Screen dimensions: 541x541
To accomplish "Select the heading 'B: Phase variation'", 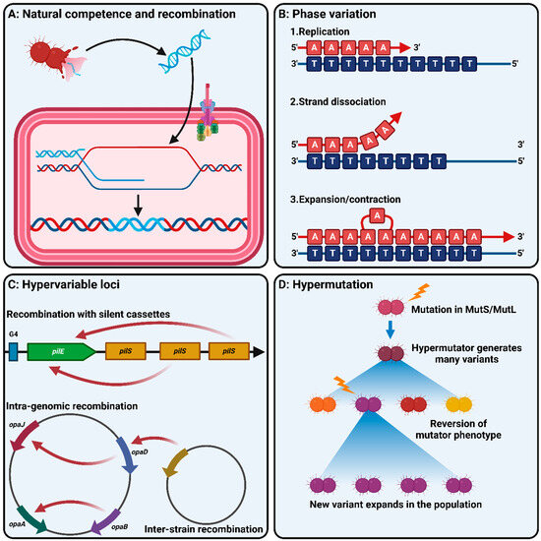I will tap(338, 14).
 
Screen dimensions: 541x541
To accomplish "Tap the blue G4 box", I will tap(15, 349).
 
